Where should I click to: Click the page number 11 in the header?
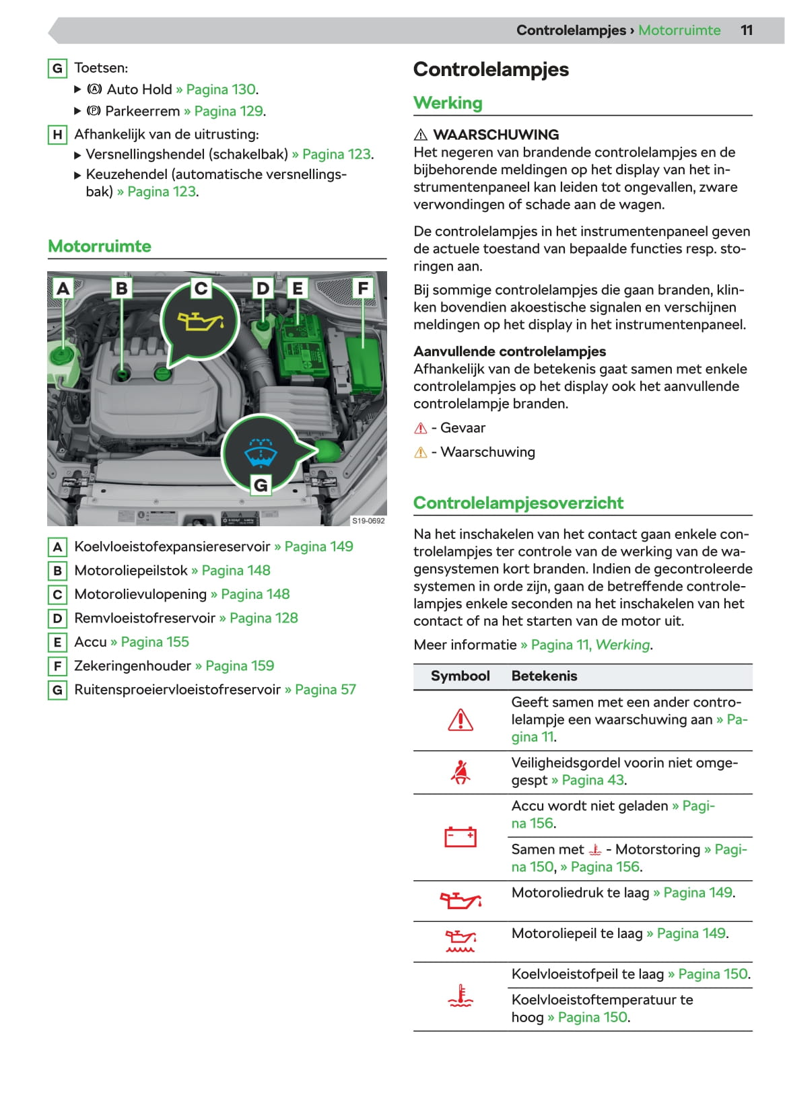(x=746, y=30)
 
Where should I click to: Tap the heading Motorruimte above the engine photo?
(x=100, y=246)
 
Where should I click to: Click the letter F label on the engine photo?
(x=363, y=288)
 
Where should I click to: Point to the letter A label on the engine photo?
(x=63, y=288)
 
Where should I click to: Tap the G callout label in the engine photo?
(x=261, y=484)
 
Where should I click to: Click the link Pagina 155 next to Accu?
(x=155, y=642)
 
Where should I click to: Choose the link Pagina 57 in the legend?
(x=325, y=690)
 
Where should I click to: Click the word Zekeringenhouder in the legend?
(x=133, y=666)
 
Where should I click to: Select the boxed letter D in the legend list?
(x=57, y=618)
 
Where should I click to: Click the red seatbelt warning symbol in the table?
(x=460, y=772)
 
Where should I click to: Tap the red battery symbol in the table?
(x=460, y=836)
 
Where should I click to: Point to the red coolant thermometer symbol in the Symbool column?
(x=460, y=996)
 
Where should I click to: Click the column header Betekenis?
(x=544, y=676)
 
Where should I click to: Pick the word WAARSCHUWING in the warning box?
(x=496, y=135)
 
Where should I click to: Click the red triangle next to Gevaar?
(x=421, y=428)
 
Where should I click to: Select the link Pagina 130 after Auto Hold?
(x=221, y=89)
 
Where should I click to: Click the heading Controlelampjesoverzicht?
(x=518, y=503)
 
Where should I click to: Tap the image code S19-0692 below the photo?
(x=368, y=521)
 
